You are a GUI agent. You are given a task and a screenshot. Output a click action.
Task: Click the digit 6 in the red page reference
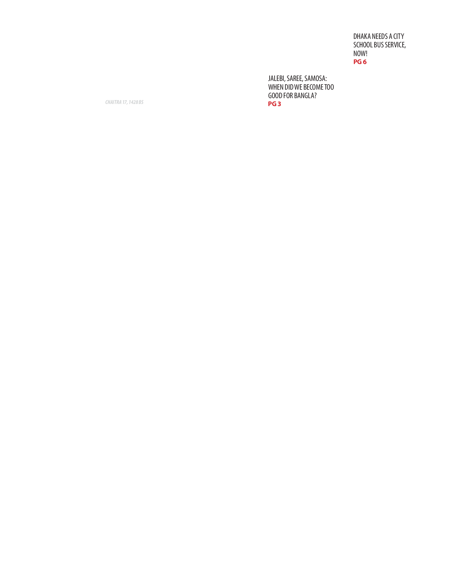(365, 62)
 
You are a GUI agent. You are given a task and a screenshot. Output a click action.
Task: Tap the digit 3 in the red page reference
(279, 104)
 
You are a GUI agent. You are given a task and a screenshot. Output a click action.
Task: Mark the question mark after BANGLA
(315, 95)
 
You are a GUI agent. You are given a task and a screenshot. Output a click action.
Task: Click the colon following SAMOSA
(326, 79)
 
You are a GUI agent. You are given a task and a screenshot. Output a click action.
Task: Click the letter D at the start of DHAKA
(355, 37)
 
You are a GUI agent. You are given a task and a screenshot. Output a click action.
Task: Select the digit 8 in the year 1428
(137, 102)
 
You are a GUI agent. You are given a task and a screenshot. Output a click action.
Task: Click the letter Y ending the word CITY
(402, 37)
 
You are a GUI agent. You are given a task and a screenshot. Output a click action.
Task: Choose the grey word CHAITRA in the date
(113, 102)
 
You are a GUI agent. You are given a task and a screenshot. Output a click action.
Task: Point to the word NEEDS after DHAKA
(380, 37)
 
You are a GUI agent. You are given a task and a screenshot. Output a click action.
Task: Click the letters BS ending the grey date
(141, 102)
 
